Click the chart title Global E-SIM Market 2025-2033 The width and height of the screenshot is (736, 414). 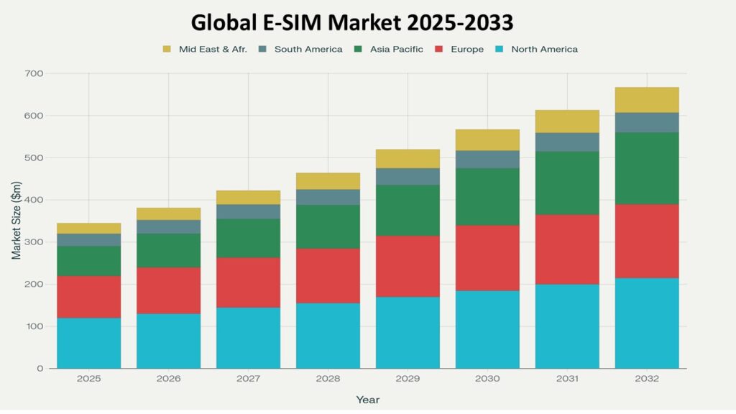[351, 22]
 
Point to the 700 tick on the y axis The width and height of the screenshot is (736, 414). [34, 74]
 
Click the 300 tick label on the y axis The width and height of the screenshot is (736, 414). [34, 242]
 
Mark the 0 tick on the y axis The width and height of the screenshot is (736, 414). [40, 369]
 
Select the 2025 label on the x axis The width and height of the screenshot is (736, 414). [89, 378]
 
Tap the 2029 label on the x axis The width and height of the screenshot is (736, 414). [408, 378]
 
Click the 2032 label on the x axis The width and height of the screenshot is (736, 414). [647, 378]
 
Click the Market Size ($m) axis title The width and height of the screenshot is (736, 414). [16, 221]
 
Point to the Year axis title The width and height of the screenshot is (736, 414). [367, 400]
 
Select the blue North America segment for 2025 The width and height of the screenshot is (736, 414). [89, 343]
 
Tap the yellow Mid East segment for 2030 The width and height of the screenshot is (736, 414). [487, 139]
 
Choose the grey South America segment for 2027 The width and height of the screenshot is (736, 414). [249, 211]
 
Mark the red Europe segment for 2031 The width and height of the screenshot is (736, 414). [567, 249]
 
